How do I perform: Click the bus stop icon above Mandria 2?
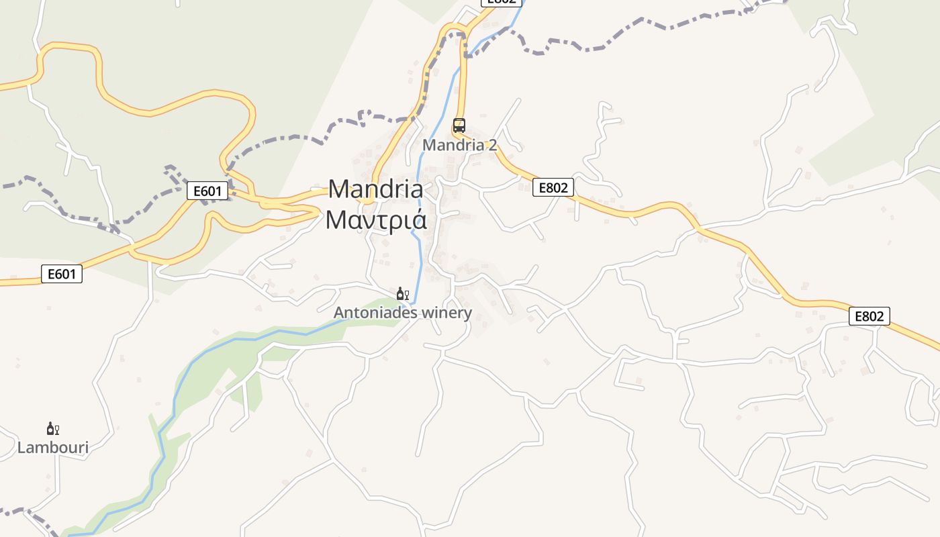pos(459,126)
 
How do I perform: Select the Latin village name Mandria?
pos(375,189)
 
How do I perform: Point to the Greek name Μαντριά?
pos(375,219)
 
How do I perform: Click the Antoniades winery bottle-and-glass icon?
pos(402,294)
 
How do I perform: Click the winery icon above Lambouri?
pos(52,429)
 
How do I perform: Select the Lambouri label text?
pos(52,448)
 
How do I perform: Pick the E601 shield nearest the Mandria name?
pos(207,191)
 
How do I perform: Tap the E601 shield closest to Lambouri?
pos(62,274)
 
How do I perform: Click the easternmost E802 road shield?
pos(869,316)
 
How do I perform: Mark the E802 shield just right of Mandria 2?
pos(553,188)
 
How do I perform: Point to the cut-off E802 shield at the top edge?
pos(502,3)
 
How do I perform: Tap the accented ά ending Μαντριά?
pos(418,219)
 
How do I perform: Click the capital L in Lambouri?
pos(21,448)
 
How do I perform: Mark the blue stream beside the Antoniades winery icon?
pos(416,294)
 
